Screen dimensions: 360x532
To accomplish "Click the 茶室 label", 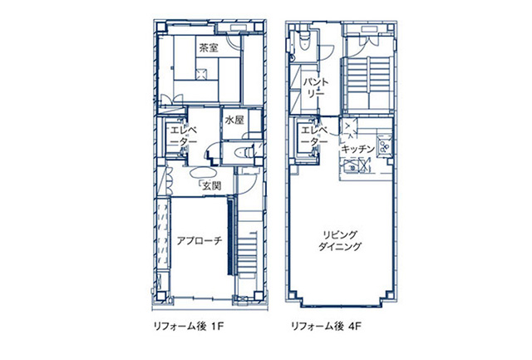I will (208, 48).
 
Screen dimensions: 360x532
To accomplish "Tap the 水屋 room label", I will (234, 121).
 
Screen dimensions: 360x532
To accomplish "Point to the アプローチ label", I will (199, 240).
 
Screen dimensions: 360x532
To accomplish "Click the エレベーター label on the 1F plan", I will (183, 136).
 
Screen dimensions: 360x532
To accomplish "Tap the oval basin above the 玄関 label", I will (204, 174).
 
